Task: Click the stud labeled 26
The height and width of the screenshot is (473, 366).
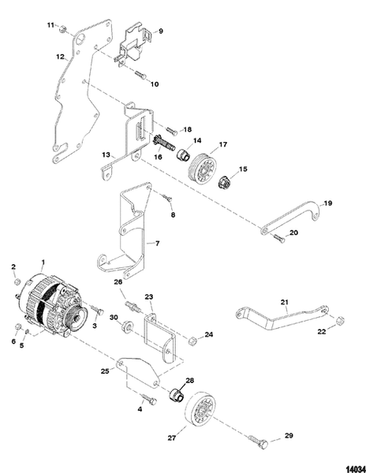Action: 131,302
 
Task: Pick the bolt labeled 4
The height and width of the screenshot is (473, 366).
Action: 147,400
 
